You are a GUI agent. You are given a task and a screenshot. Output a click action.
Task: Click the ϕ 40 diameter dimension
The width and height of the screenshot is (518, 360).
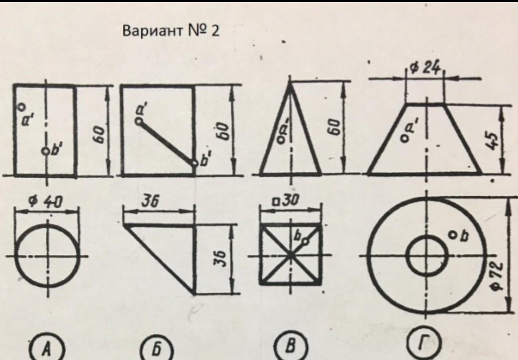click(x=46, y=201)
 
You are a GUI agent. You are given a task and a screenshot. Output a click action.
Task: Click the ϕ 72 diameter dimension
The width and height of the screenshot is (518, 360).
click(x=498, y=276)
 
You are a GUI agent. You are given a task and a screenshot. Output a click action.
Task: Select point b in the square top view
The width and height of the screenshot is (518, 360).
click(x=305, y=241)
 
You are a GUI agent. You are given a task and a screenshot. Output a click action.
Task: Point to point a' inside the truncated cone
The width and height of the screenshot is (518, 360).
click(x=404, y=134)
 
